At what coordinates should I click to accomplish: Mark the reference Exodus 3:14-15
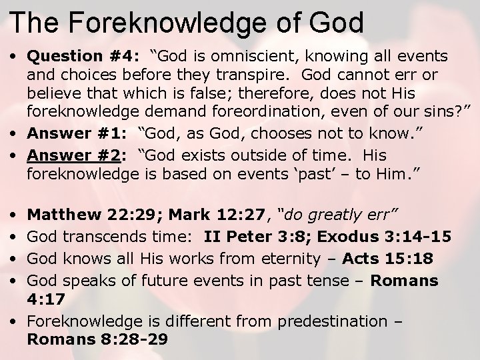[x=387, y=236]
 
